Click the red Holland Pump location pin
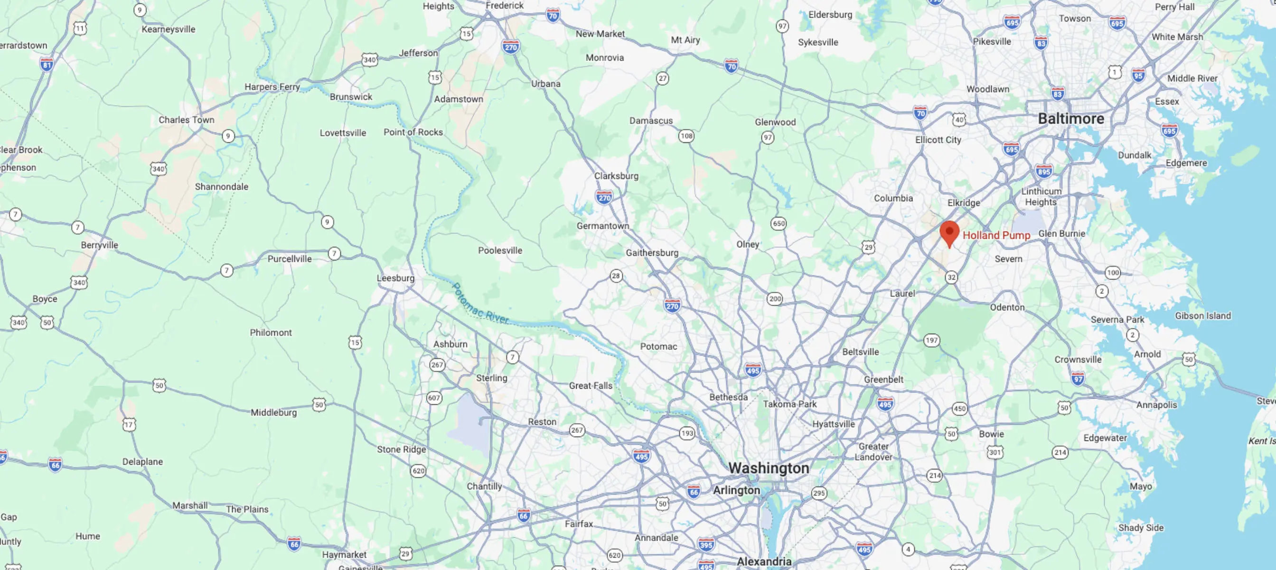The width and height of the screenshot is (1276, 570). tap(949, 233)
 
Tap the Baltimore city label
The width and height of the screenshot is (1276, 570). tap(1071, 119)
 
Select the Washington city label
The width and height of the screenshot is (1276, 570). tap(768, 468)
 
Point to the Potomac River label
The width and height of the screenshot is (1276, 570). tap(480, 304)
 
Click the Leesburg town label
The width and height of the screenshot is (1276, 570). tap(395, 278)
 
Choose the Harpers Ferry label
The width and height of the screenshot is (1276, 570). tap(272, 87)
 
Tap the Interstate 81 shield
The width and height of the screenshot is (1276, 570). tap(47, 65)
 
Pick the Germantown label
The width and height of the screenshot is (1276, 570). tap(602, 226)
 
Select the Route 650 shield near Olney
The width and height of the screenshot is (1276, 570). tap(779, 224)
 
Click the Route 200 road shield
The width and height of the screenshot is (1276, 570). tap(775, 299)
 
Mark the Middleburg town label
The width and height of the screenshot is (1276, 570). tap(273, 412)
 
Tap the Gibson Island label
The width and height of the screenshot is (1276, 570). tap(1203, 316)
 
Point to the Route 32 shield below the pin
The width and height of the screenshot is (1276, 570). tap(951, 277)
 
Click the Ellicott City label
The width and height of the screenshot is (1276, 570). tap(938, 140)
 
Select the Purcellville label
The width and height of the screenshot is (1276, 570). tap(289, 259)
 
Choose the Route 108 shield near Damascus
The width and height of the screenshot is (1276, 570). tap(686, 136)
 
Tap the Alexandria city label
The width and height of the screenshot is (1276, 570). tap(764, 561)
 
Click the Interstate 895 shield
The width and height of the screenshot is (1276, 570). tap(1044, 172)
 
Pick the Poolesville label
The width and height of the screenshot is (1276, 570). tap(500, 250)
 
